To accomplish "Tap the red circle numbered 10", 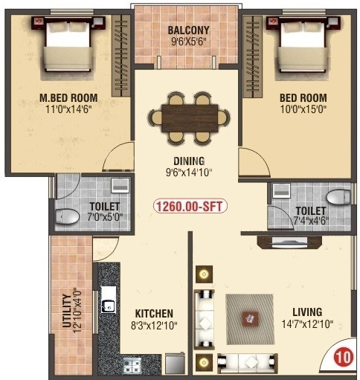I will pos(341,357).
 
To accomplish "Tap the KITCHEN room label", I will pos(154,314).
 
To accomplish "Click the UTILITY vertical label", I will pos(66,312).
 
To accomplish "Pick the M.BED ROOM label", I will pos(68,97).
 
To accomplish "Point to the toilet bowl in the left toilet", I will pos(68,217).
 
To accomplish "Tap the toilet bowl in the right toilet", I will pos(338,197).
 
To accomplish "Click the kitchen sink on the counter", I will pos(108,303).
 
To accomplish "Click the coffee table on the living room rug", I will pos(250,319).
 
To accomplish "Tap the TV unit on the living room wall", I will pos(283,241).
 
